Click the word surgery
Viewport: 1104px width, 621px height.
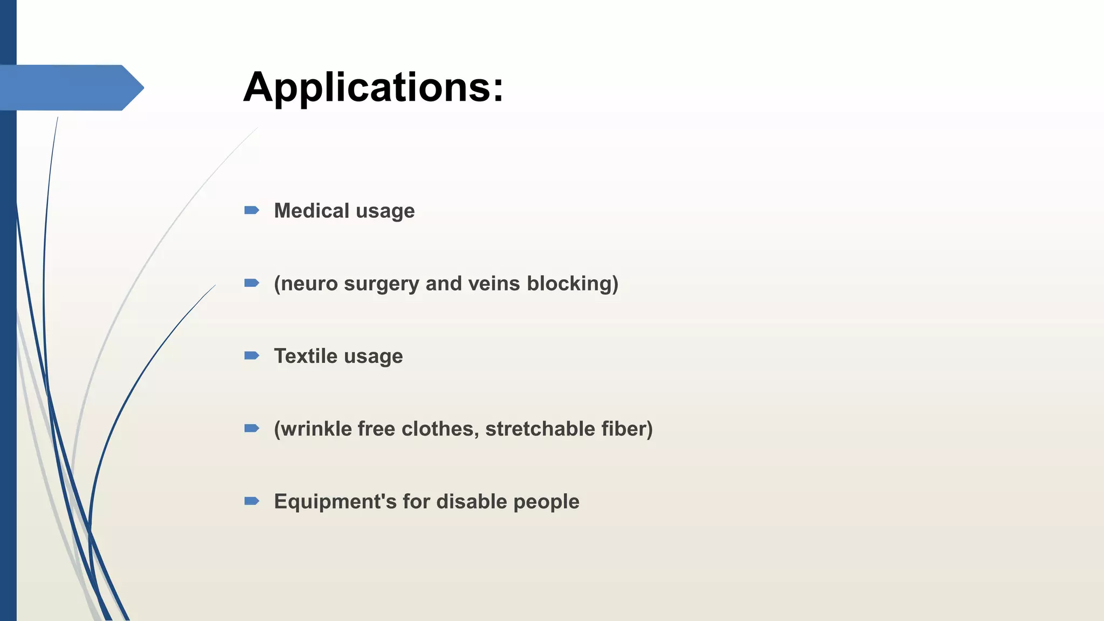point(381,284)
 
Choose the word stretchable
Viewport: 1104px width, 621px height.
point(540,429)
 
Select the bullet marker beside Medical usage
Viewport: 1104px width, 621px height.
point(252,210)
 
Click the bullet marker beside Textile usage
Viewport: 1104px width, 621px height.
point(252,356)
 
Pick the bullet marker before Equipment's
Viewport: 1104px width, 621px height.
point(252,501)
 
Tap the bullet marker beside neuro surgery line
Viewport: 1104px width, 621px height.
point(252,283)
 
